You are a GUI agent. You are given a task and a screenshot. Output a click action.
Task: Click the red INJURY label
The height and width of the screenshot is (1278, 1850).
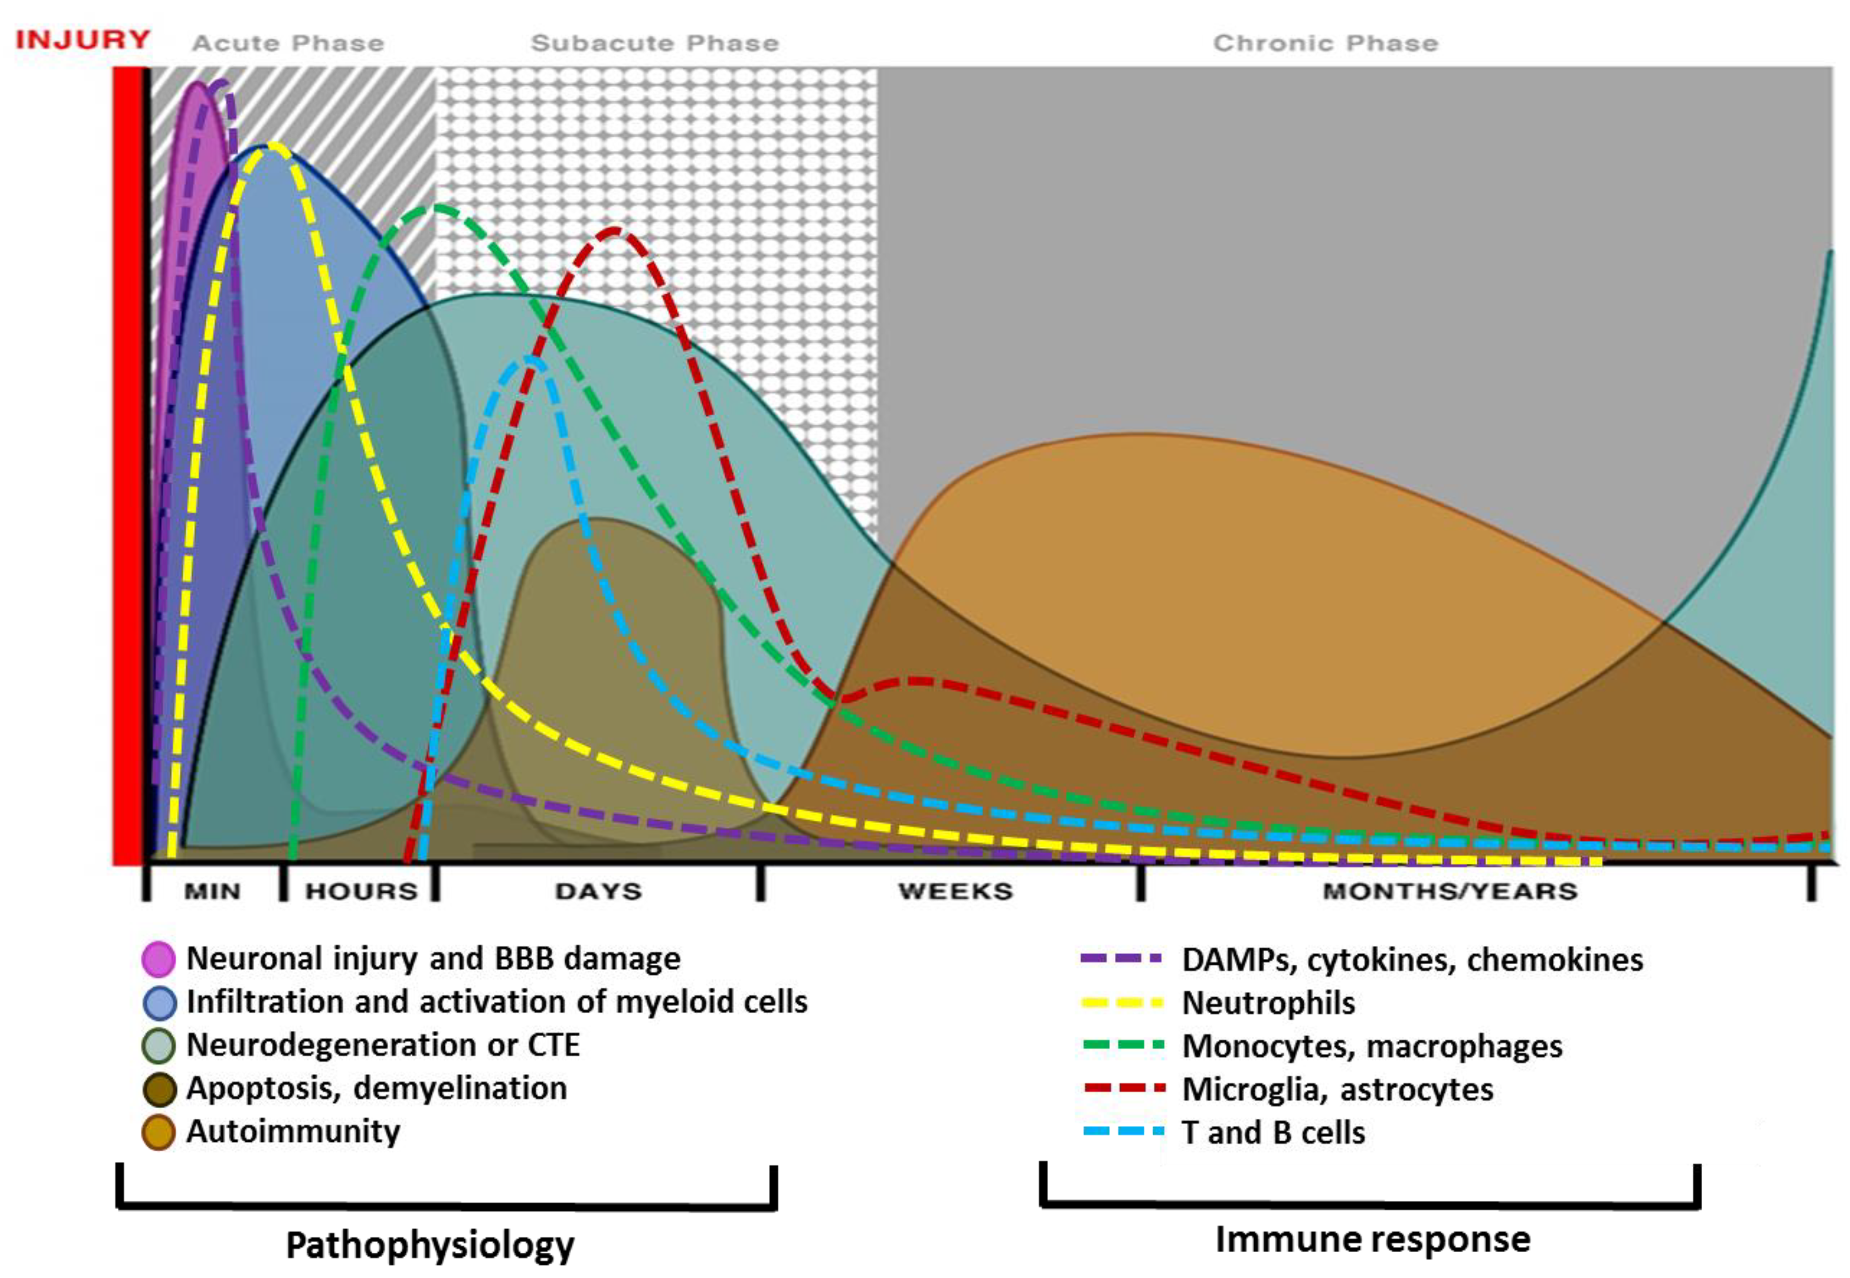click(x=83, y=39)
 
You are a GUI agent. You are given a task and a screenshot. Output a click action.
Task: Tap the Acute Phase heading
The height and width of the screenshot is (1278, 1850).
click(x=288, y=43)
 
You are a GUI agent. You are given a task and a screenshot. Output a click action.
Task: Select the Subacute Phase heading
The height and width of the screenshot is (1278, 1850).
click(x=654, y=43)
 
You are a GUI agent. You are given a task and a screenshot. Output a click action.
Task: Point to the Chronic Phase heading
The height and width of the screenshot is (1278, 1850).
click(x=1325, y=43)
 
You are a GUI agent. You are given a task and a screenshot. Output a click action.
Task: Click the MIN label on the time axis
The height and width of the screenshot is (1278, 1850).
click(x=212, y=891)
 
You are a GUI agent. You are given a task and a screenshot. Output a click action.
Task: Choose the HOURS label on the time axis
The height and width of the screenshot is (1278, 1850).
click(x=361, y=891)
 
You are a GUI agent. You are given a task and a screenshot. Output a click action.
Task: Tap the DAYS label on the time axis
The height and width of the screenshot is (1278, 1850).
click(x=598, y=891)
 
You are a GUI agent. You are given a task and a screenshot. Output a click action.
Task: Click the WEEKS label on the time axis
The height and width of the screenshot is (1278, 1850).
click(x=956, y=891)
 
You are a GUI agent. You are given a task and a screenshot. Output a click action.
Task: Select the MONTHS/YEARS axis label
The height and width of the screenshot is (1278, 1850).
click(x=1450, y=891)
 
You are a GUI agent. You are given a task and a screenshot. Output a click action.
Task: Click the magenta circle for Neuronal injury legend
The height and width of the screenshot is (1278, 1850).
click(x=159, y=958)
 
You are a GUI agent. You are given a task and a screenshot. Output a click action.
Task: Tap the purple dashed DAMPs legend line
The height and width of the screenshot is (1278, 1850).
click(x=1121, y=958)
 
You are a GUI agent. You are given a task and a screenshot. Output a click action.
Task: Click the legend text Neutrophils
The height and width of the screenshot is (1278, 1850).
click(x=1268, y=1003)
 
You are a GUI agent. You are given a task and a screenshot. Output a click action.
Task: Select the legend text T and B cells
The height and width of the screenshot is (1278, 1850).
click(x=1273, y=1132)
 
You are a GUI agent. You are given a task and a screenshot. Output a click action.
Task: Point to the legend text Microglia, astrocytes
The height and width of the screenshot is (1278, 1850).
click(x=1337, y=1089)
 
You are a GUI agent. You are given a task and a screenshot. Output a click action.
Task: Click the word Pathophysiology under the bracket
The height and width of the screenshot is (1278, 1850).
click(x=430, y=1246)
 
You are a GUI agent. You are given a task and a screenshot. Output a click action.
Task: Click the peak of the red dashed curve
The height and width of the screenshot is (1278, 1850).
click(x=613, y=231)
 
